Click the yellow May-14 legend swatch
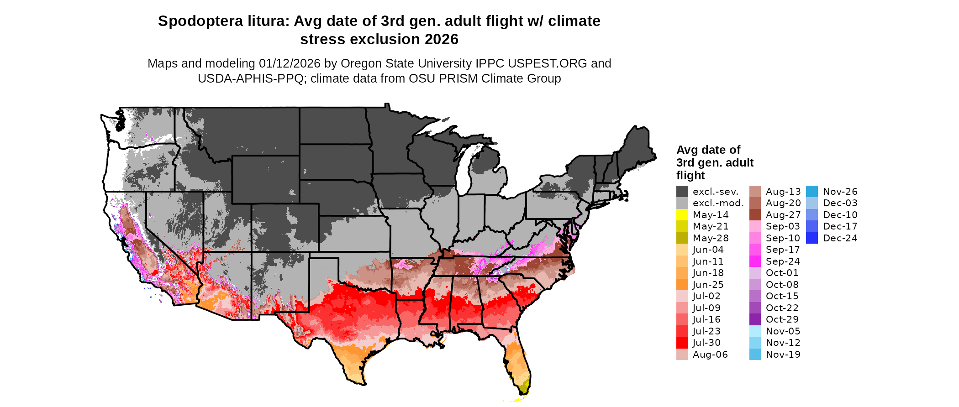pos(682,214)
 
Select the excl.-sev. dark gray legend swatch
pos(682,191)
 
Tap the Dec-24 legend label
pos(840,238)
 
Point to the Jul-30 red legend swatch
pos(682,342)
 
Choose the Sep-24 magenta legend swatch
pos(755,261)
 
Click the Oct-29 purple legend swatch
pos(755,319)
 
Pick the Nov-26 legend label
pos(840,191)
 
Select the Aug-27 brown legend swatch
pos(755,214)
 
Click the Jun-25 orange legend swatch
pos(682,284)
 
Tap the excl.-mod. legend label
pos(718,203)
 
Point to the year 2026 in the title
pos(441,40)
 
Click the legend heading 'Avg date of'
pos(708,150)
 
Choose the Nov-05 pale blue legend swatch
pos(755,331)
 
